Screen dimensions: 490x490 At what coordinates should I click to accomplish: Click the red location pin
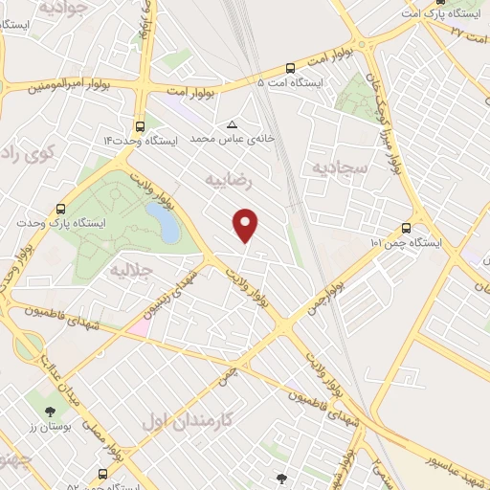click(247, 226)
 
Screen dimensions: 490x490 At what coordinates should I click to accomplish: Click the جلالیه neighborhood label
click(133, 268)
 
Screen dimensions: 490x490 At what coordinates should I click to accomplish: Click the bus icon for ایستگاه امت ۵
click(290, 68)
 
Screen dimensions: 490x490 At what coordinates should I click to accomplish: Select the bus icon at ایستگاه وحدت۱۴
click(141, 126)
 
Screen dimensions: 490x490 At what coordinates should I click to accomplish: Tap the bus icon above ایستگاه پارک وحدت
click(61, 207)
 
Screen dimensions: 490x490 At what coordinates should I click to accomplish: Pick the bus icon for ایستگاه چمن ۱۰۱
click(407, 228)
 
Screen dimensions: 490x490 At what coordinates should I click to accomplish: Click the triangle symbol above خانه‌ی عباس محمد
click(232, 124)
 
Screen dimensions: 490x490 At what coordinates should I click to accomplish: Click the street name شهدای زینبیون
click(175, 291)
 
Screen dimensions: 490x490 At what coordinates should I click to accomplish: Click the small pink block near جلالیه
click(138, 325)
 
